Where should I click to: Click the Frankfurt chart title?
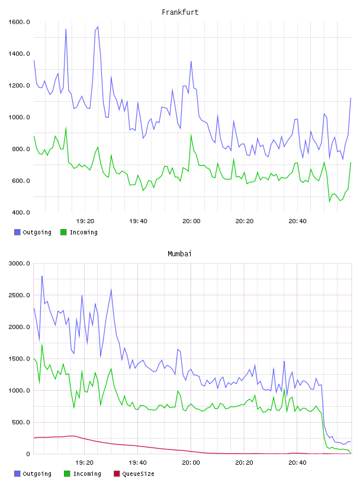click(180, 12)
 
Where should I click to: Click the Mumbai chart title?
click(179, 253)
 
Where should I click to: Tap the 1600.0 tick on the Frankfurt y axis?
click(19, 22)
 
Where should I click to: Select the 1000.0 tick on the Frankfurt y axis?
click(19, 117)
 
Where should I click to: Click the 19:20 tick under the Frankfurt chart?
click(85, 221)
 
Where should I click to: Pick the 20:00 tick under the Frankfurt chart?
click(191, 221)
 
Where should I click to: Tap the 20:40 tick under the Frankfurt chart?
click(297, 221)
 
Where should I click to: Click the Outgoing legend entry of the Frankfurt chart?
click(33, 232)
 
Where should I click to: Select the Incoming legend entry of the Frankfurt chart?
click(79, 232)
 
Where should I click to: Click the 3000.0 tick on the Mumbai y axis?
click(19, 263)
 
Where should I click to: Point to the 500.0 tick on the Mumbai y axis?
click(21, 422)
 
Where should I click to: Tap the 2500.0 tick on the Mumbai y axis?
click(19, 295)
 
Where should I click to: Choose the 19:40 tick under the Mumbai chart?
click(138, 462)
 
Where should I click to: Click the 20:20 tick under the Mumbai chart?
click(244, 462)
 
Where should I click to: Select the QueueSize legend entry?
click(134, 474)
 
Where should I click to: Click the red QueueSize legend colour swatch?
click(117, 474)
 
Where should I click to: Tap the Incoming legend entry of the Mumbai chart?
click(82, 474)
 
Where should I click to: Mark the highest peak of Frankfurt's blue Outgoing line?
click(98, 27)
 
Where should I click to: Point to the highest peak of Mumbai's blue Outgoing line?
click(42, 276)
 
